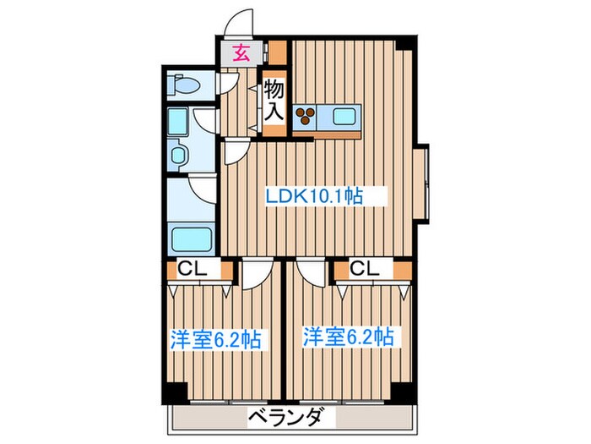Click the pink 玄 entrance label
[241, 52]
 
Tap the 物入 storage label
[273, 100]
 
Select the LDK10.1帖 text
[314, 196]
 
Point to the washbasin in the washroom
[180, 155]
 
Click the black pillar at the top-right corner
[408, 44]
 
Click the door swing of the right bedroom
[310, 273]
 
